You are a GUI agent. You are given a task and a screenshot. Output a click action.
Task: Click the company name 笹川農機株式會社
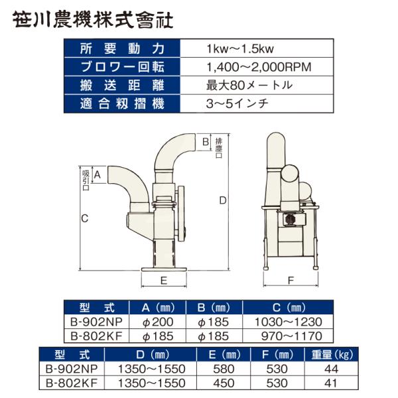pyautogui.click(x=93, y=19)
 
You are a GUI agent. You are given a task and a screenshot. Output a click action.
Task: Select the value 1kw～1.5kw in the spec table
pyautogui.click(x=240, y=48)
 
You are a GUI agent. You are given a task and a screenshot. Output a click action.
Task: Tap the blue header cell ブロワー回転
pyautogui.click(x=122, y=67)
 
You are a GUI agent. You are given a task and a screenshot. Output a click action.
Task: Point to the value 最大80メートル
pyautogui.click(x=249, y=86)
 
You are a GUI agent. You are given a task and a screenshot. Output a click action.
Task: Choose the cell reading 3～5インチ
pyautogui.click(x=237, y=104)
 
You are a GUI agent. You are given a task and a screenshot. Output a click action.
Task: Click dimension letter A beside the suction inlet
pyautogui.click(x=98, y=174)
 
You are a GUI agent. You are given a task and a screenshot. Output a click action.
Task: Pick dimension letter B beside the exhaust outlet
pyautogui.click(x=206, y=142)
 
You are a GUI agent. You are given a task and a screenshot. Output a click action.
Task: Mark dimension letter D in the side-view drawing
pyautogui.click(x=223, y=201)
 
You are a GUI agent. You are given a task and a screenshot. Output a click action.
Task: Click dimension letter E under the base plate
pyautogui.click(x=164, y=281)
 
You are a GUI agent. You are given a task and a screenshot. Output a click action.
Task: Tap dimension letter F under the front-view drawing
pyautogui.click(x=291, y=281)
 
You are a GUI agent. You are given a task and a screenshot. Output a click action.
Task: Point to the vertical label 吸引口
pyautogui.click(x=86, y=180)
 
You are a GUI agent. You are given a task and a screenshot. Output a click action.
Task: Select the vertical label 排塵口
pyautogui.click(x=218, y=148)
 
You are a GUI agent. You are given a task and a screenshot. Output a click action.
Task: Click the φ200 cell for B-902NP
pyautogui.click(x=158, y=322)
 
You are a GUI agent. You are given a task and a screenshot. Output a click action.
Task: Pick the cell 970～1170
pyautogui.click(x=292, y=336)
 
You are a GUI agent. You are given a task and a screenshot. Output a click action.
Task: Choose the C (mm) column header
pyautogui.click(x=289, y=308)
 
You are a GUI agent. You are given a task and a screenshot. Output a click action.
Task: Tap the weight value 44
pyautogui.click(x=331, y=369)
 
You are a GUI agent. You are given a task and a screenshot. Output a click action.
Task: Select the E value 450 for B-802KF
pyautogui.click(x=224, y=383)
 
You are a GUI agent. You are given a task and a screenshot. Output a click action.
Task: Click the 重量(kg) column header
pyautogui.click(x=332, y=355)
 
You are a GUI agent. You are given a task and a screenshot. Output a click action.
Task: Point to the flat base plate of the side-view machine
pyautogui.click(x=165, y=269)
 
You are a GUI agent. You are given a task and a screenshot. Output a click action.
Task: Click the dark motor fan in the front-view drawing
pyautogui.click(x=289, y=219)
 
